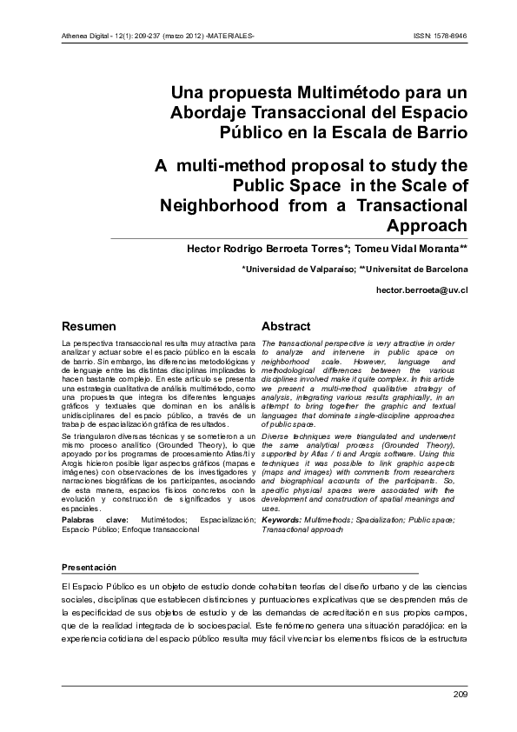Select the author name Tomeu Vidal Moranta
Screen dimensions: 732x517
(414, 249)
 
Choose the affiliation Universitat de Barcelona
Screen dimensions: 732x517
(418, 270)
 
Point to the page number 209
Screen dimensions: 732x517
(460, 693)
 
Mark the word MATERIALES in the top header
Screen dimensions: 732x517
(234, 37)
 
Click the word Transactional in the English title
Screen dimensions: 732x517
(402, 206)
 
